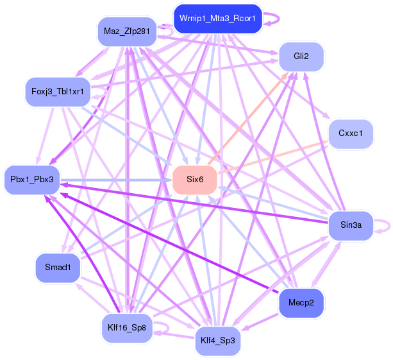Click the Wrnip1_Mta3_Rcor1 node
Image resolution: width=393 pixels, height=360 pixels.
[x=218, y=19]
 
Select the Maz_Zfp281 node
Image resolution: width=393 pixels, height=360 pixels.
[x=126, y=31]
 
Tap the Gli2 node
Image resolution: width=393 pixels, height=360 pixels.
[x=301, y=56]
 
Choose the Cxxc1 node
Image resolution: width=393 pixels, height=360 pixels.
[x=350, y=133]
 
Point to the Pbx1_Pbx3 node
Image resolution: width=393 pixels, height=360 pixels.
[x=32, y=179]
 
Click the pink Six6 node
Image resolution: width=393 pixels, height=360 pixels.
[x=195, y=179]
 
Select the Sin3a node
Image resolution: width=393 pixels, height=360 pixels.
[x=351, y=225]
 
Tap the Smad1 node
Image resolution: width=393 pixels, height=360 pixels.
[x=57, y=267]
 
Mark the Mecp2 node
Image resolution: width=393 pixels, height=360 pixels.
[x=301, y=303]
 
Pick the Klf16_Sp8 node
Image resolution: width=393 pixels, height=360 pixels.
[x=127, y=328]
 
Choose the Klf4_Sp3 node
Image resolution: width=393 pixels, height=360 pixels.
[x=218, y=340]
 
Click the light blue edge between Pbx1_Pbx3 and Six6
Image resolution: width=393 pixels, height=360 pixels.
[x=115, y=180]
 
